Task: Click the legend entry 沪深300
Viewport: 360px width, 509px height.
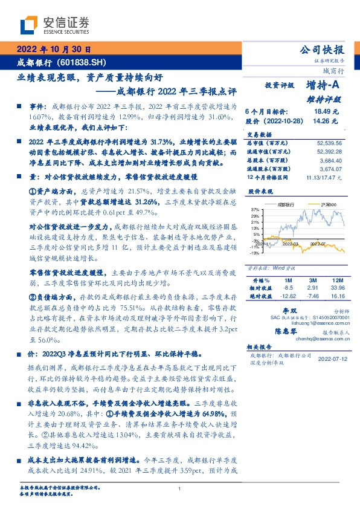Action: click(x=316, y=205)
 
